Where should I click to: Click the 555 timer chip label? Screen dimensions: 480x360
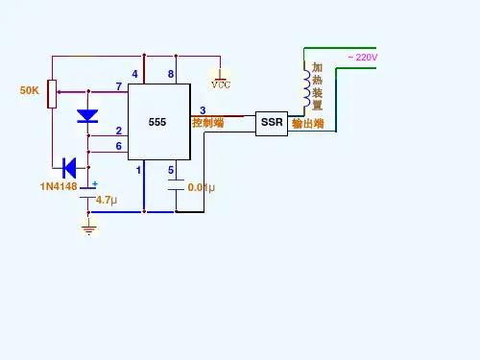click(157, 122)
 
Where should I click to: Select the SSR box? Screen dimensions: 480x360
click(272, 124)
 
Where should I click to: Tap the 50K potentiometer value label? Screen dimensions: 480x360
click(30, 90)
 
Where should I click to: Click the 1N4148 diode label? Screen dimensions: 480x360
click(59, 186)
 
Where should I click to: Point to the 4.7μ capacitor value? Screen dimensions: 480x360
click(107, 201)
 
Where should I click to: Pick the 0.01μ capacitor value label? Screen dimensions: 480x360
click(201, 187)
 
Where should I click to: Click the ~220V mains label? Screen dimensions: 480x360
click(363, 58)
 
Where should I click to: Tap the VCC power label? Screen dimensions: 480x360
click(221, 84)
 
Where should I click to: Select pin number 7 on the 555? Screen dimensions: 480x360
click(119, 86)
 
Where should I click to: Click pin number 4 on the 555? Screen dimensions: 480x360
click(134, 74)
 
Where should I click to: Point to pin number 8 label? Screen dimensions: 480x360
click(171, 74)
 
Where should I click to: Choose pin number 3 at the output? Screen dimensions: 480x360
click(203, 110)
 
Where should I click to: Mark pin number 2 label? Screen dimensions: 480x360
click(119, 131)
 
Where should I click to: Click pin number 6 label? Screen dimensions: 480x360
click(119, 146)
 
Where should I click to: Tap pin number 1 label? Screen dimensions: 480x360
click(138, 170)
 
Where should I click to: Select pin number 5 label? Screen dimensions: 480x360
click(171, 170)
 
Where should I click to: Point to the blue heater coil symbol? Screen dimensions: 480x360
click(306, 88)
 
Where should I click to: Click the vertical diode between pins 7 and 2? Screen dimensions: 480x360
click(87, 116)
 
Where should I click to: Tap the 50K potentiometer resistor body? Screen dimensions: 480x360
click(52, 94)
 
